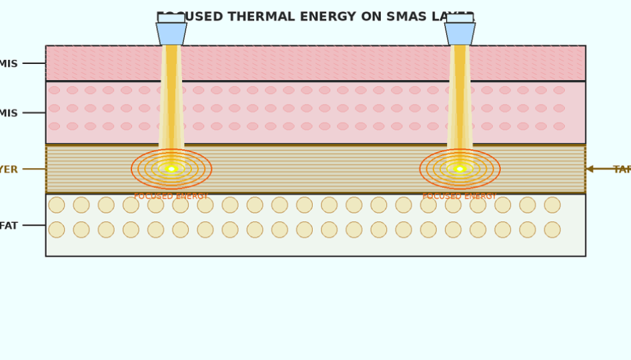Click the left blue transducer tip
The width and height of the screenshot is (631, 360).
(171, 33)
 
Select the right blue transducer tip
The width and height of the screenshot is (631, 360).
(460, 33)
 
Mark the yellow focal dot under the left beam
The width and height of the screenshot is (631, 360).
(171, 169)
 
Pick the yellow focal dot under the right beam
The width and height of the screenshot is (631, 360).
(460, 169)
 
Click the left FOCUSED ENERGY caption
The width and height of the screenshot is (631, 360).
(171, 197)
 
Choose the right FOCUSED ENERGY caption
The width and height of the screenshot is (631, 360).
(459, 197)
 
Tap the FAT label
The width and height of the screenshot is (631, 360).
(9, 226)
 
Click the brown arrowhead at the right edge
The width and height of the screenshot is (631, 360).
(589, 169)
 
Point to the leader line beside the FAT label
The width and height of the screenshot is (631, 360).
(33, 225)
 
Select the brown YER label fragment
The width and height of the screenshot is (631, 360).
(9, 170)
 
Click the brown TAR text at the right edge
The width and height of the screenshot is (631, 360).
(622, 170)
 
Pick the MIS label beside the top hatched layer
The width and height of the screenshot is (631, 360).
(9, 64)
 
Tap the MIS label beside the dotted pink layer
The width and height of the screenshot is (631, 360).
(9, 113)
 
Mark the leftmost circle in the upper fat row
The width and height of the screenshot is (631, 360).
(57, 205)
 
